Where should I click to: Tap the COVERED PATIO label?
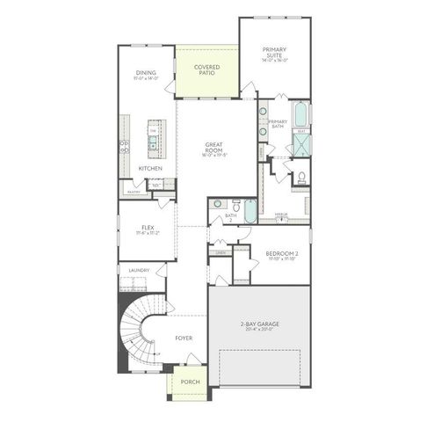tap(207, 69)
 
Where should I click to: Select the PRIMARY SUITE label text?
tap(276, 54)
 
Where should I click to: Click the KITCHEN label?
tap(149, 167)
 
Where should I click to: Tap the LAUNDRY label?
tap(139, 270)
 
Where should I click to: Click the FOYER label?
tap(184, 338)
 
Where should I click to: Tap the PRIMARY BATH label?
tap(278, 124)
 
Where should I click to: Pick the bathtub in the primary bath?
tap(300, 115)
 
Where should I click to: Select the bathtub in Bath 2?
tap(250, 211)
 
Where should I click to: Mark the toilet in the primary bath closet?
tap(300, 178)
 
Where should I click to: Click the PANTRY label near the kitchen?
tap(134, 190)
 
